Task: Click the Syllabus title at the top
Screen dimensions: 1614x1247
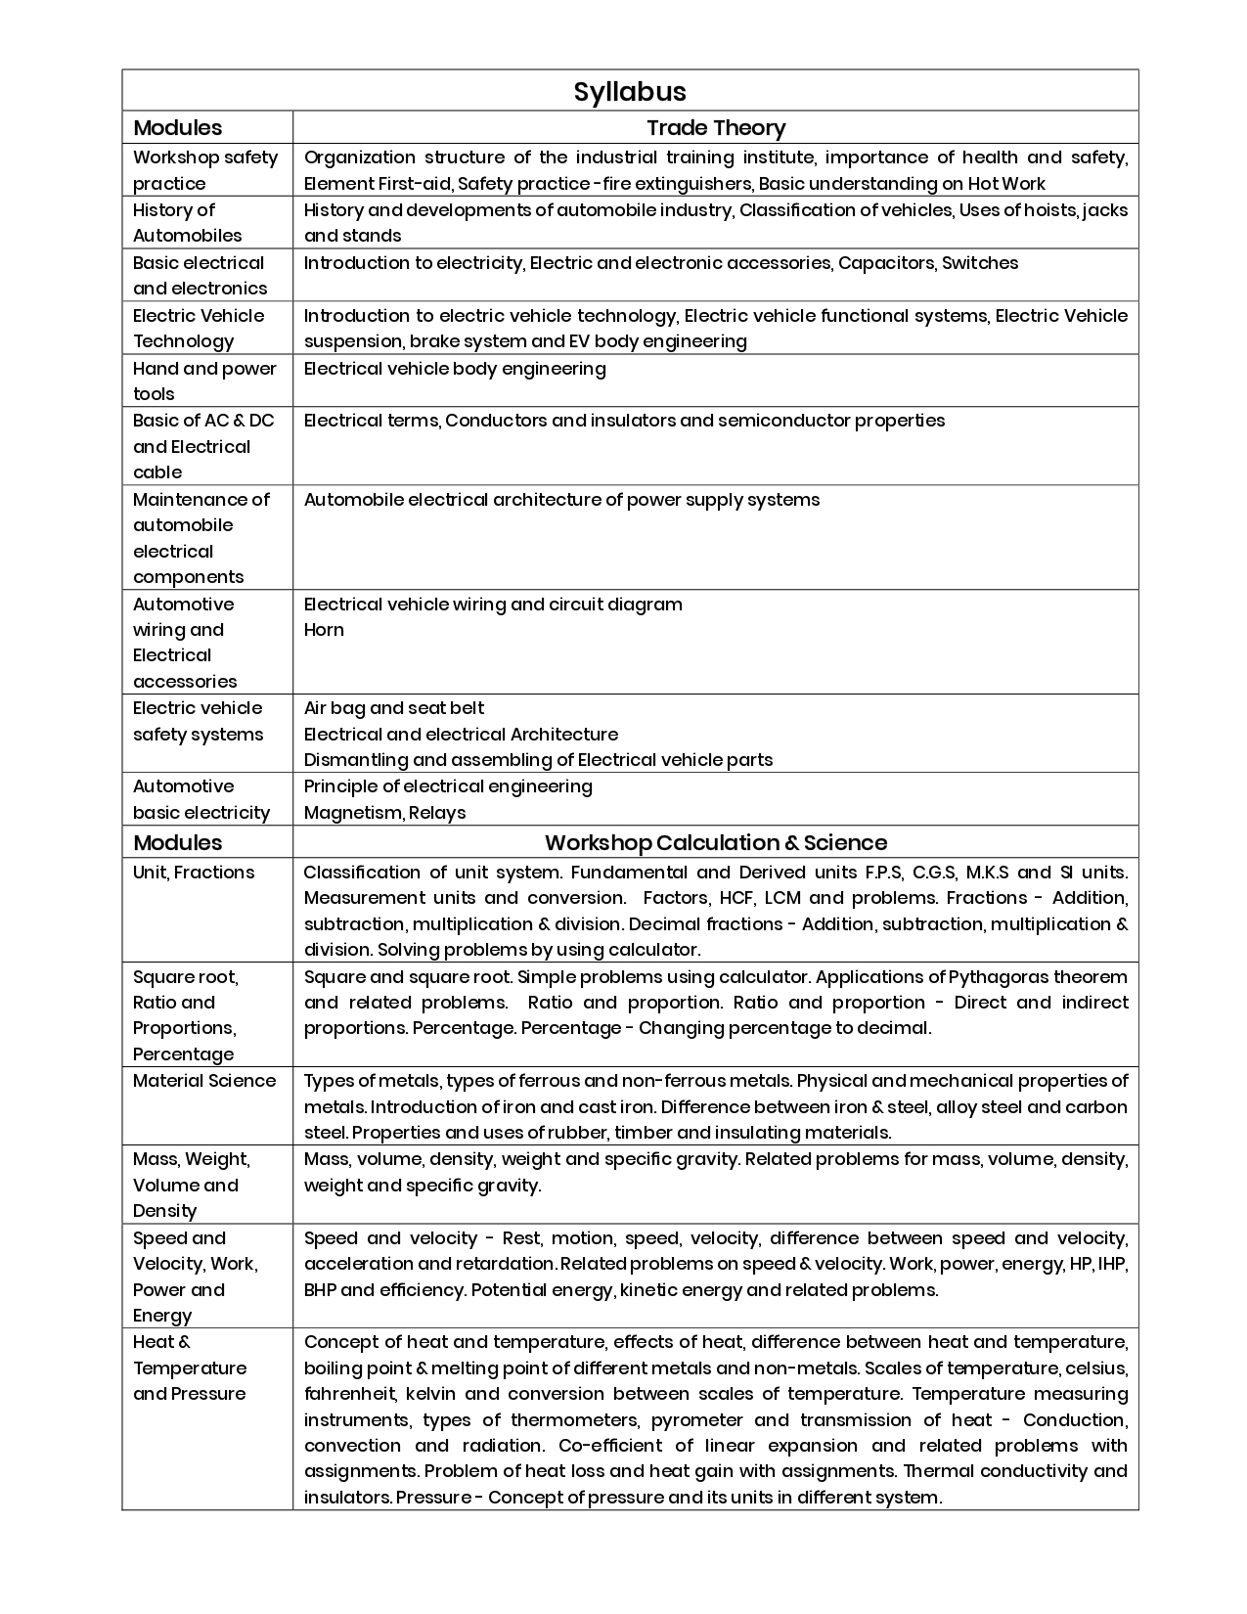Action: tap(630, 92)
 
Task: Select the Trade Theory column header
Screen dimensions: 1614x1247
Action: tap(716, 128)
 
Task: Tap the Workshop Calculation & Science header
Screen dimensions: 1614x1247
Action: tap(716, 843)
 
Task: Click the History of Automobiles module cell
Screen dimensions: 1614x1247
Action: tap(188, 223)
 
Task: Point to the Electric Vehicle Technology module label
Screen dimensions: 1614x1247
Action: tap(199, 329)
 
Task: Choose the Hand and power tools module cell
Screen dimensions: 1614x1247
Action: tap(204, 381)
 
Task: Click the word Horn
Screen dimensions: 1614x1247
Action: tap(324, 630)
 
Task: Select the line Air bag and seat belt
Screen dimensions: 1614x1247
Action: tap(394, 708)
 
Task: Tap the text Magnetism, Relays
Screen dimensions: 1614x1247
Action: tap(384, 813)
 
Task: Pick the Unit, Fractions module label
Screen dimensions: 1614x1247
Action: tap(194, 873)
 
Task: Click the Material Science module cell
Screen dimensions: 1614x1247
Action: tap(204, 1081)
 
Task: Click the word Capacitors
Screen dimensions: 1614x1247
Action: tap(885, 263)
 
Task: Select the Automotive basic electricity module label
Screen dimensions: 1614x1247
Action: tap(201, 800)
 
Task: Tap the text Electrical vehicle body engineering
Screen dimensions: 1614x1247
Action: tap(455, 369)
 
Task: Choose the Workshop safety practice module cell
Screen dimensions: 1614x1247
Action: tap(205, 170)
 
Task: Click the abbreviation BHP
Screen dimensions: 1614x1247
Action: tap(320, 1290)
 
